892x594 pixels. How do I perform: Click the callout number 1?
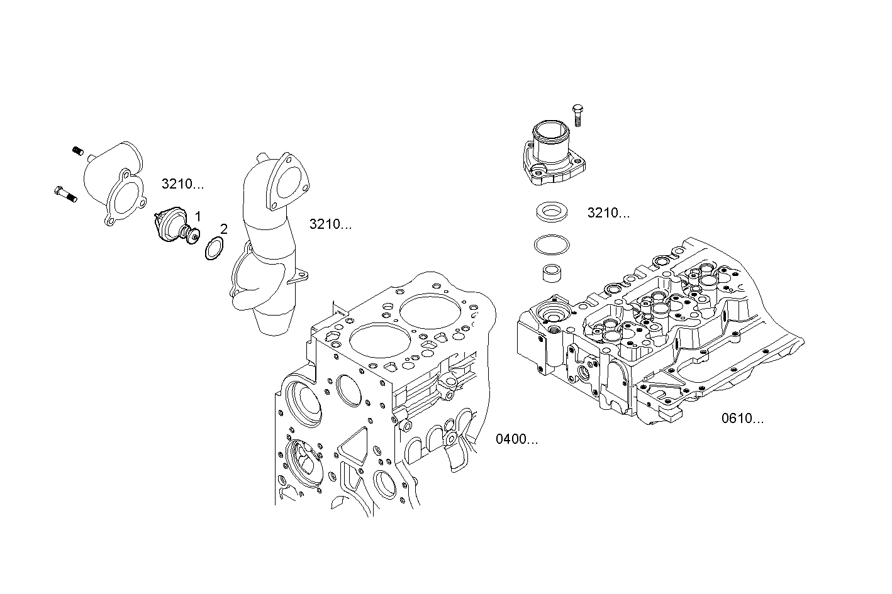(x=198, y=216)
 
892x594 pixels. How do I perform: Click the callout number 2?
(x=223, y=229)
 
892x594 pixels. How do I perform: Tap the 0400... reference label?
(x=516, y=439)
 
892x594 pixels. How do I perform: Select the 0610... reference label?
(x=742, y=419)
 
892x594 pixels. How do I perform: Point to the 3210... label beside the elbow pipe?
(x=330, y=224)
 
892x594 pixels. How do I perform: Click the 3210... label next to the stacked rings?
(x=608, y=213)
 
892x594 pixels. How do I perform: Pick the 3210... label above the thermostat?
(x=182, y=184)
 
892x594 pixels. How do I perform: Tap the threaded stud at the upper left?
(x=78, y=151)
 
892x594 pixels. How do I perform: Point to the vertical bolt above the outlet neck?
(x=579, y=116)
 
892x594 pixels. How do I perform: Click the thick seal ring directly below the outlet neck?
(x=552, y=212)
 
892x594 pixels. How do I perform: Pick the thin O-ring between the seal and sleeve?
(x=552, y=245)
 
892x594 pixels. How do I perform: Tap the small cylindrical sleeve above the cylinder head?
(x=552, y=274)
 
